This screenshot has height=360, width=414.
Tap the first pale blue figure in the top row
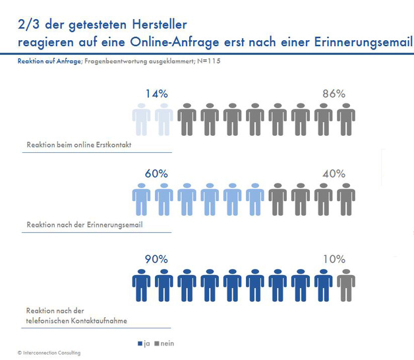pos(142,121)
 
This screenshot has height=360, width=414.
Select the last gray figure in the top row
pos(345,121)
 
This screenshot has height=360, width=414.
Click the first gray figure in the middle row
pos(278,202)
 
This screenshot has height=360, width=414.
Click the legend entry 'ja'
pos(142,344)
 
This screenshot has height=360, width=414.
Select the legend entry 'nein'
pos(165,344)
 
